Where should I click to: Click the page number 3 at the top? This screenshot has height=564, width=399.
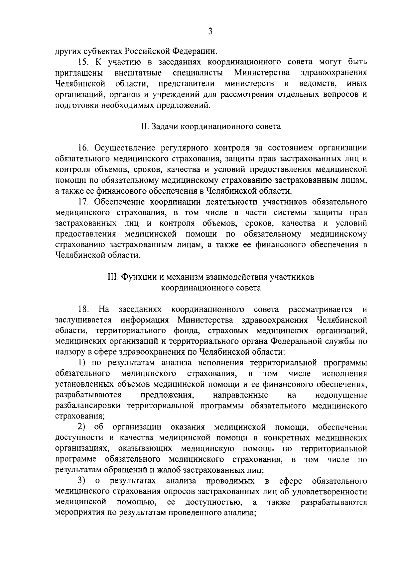click(x=210, y=31)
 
